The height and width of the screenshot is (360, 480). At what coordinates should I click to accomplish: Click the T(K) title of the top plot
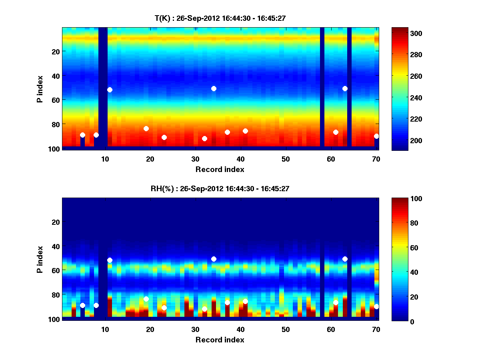(x=220, y=18)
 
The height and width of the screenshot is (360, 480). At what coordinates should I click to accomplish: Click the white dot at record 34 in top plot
(x=214, y=88)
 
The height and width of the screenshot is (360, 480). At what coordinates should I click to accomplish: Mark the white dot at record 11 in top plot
(x=110, y=90)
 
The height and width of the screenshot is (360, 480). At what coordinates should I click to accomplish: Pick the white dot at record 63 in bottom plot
(x=345, y=259)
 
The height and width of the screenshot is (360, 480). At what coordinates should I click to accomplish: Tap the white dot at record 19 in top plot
(x=146, y=128)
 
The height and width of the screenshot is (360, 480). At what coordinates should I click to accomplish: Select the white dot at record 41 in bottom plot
(x=245, y=301)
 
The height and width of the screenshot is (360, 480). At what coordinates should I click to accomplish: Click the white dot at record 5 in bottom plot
(x=82, y=305)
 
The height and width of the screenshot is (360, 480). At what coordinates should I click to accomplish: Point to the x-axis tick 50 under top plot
(x=286, y=159)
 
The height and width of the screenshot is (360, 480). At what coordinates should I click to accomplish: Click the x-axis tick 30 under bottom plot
(x=195, y=329)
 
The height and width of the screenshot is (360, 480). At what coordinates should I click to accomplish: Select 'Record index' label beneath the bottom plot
(x=220, y=340)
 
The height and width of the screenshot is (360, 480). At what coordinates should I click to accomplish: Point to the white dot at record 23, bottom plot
(x=164, y=308)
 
